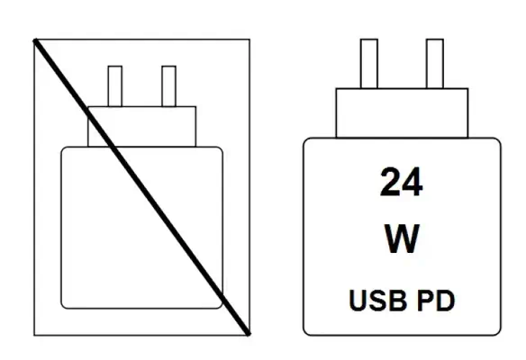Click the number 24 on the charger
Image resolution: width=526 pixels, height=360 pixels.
pos(401,182)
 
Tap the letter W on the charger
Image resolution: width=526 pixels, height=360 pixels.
pos(402,238)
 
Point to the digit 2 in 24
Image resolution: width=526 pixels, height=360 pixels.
pos(390,182)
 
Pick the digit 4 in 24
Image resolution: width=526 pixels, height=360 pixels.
pos(413,182)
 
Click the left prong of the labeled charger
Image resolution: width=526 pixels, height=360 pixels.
pos(369,64)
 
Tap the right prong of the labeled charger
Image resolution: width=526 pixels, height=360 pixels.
pos(435,64)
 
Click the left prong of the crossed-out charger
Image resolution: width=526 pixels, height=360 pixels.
pos(115,86)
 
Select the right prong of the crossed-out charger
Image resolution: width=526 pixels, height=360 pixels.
pos(168,86)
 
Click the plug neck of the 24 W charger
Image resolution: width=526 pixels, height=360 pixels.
pos(402,113)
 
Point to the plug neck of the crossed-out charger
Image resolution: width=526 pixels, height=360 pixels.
pos(142,127)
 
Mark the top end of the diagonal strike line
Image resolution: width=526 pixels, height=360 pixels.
pos(34,40)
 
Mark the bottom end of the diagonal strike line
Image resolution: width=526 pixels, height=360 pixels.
pos(249,334)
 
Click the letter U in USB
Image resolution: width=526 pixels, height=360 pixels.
pos(358,301)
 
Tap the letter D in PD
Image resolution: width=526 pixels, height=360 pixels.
pos(446,301)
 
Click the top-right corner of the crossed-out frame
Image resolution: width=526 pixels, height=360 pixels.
pos(249,40)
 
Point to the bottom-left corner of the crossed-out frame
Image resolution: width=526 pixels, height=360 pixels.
pos(34,335)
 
